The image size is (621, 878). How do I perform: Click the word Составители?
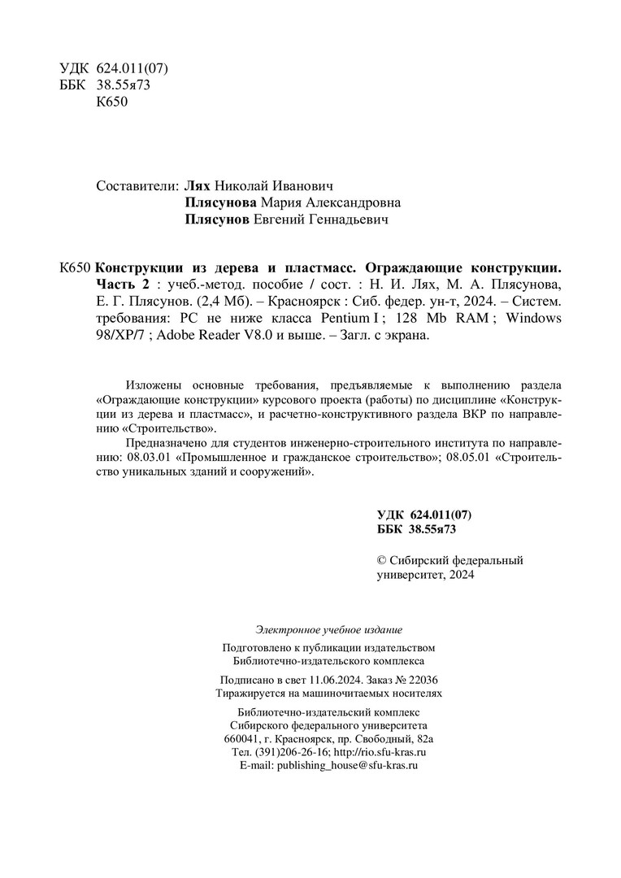pos(134,185)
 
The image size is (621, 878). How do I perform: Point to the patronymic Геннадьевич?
pos(343,219)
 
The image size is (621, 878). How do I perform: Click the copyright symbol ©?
pos(383,560)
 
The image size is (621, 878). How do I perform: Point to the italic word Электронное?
pos(286,628)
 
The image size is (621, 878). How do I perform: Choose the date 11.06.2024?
pos(326,679)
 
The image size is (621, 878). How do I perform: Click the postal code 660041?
pos(241,739)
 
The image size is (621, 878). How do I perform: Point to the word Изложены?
pos(154,385)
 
